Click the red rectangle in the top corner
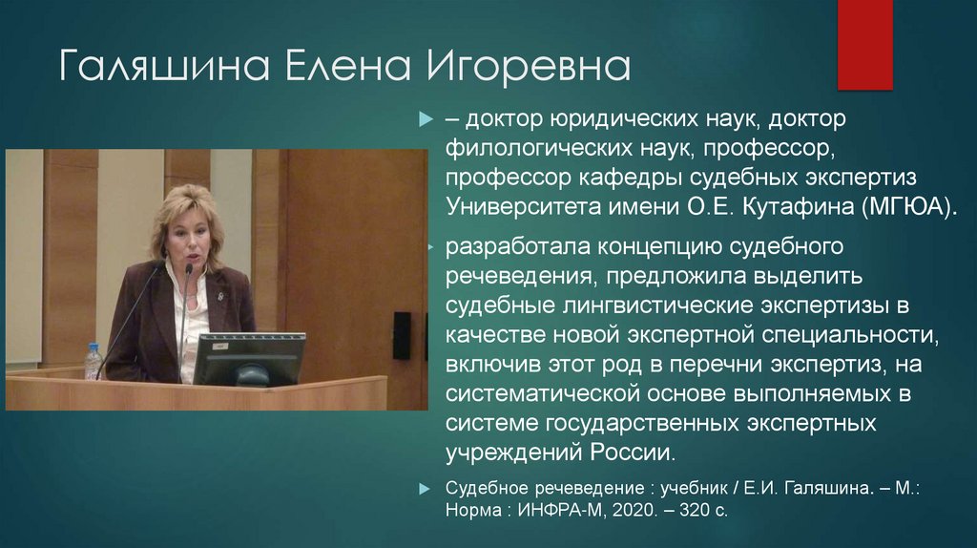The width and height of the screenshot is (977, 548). click(864, 44)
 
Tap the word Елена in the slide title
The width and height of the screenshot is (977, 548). click(332, 68)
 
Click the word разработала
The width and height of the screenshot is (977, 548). click(517, 248)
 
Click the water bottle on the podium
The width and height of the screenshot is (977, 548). click(93, 362)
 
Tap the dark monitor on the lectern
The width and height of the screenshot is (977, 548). click(249, 358)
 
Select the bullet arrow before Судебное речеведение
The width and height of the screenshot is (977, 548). click(425, 488)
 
